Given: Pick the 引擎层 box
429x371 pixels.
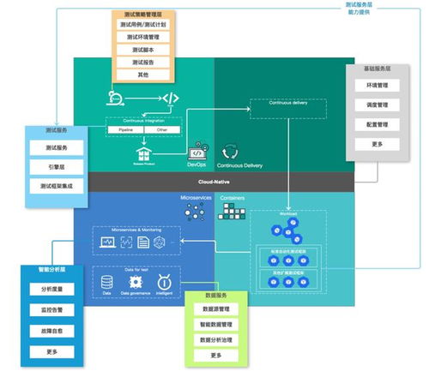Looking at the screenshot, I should pyautogui.click(x=57, y=167).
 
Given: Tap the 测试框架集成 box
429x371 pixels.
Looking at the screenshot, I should pyautogui.click(x=57, y=186).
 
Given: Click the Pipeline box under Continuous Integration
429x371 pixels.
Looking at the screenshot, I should pyautogui.click(x=125, y=130).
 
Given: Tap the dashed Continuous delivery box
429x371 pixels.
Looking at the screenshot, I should pyautogui.click(x=287, y=108).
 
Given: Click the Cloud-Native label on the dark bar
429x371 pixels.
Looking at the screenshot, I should pyautogui.click(x=214, y=182).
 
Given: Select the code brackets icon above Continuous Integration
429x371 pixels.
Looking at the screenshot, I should pyautogui.click(x=170, y=99).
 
